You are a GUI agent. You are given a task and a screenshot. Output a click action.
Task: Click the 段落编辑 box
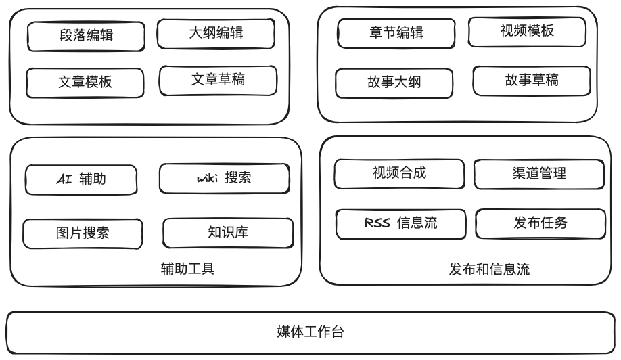[86, 37]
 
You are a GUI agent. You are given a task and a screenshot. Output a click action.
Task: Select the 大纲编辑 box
[216, 34]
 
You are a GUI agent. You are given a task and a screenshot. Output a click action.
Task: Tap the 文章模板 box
[85, 83]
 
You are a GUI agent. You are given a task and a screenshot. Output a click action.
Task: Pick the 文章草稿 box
[218, 81]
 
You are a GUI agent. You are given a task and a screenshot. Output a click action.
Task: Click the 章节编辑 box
[396, 33]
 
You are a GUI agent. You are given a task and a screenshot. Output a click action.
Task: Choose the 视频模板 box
[527, 32]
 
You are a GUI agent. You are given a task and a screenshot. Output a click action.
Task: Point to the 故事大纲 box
[394, 83]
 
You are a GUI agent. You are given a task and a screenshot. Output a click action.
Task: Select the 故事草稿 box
[532, 81]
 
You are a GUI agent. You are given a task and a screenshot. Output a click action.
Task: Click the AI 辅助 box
[81, 180]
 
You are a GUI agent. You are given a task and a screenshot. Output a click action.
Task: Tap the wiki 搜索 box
[225, 178]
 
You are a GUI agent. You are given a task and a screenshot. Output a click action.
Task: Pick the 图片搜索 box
[83, 233]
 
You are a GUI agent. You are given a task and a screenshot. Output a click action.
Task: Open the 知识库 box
[228, 233]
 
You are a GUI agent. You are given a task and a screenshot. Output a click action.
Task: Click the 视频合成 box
[399, 174]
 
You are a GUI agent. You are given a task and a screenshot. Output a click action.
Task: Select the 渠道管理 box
[539, 175]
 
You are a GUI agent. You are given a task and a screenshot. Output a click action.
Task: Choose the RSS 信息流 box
[400, 224]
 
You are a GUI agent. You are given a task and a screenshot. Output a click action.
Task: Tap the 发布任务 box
[540, 224]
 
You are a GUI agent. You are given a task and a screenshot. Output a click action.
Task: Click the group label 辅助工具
[188, 269]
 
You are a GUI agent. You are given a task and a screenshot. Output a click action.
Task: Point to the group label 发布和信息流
[489, 269]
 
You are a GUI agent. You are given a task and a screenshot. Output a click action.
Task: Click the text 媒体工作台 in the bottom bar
[310, 332]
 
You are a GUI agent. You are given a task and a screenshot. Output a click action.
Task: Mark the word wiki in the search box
[208, 178]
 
